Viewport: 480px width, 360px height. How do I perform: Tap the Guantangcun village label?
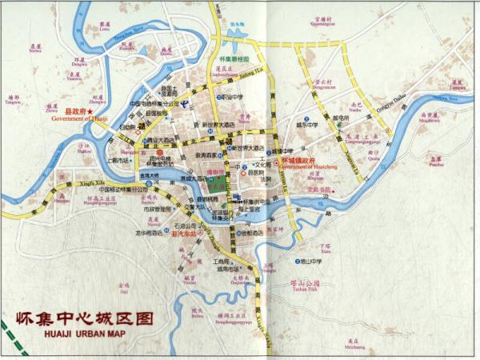pyautogui.click(x=322, y=24)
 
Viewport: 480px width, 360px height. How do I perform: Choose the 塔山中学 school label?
pyautogui.click(x=308, y=261)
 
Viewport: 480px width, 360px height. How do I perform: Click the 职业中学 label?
pyautogui.click(x=233, y=99)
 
